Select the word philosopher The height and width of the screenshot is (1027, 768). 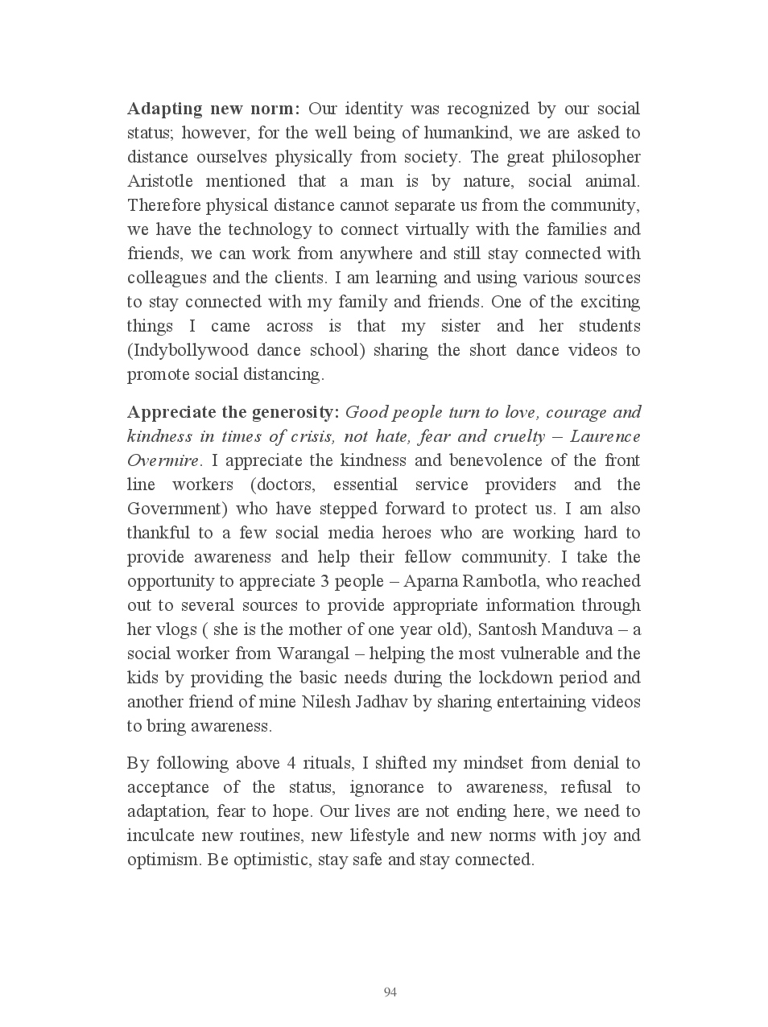[x=596, y=157]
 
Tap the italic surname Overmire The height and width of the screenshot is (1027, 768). [x=162, y=461]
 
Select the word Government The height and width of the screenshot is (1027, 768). [x=174, y=509]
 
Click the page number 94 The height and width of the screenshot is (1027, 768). [x=390, y=992]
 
